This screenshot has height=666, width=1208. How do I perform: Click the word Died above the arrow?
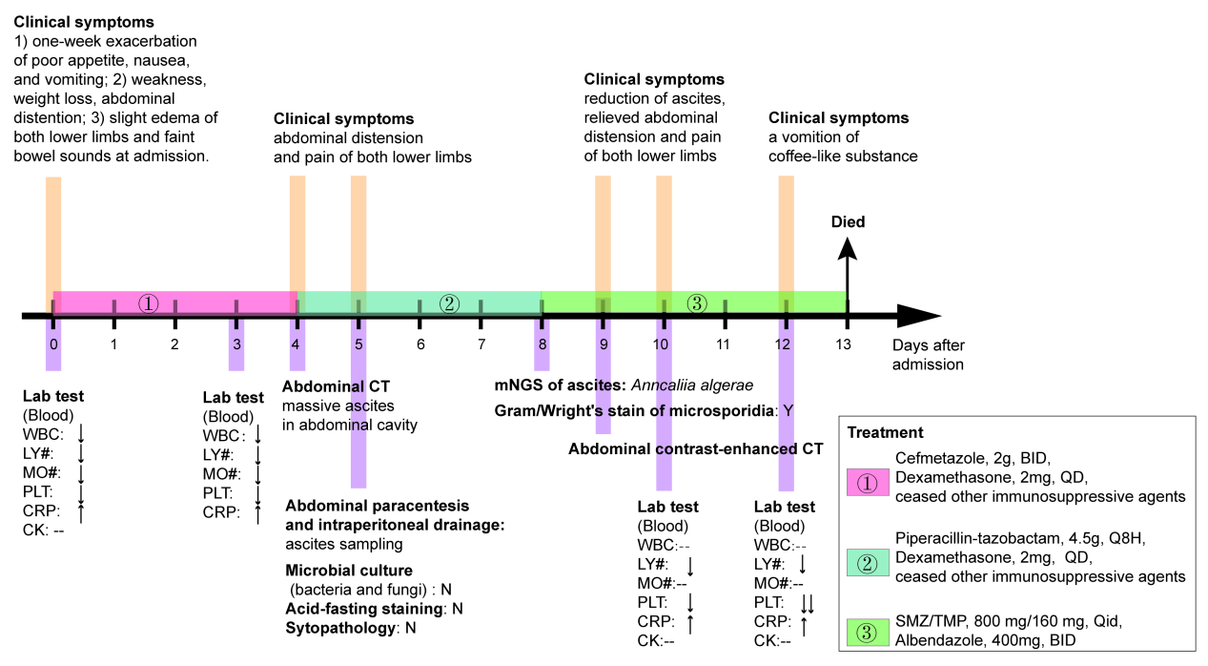click(848, 222)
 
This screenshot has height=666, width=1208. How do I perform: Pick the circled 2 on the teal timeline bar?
click(450, 303)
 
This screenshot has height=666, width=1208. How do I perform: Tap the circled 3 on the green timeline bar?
click(697, 303)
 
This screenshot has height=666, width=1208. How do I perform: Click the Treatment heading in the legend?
click(885, 432)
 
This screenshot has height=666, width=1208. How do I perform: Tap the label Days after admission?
click(928, 354)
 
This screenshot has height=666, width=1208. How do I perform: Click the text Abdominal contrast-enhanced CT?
click(696, 447)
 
